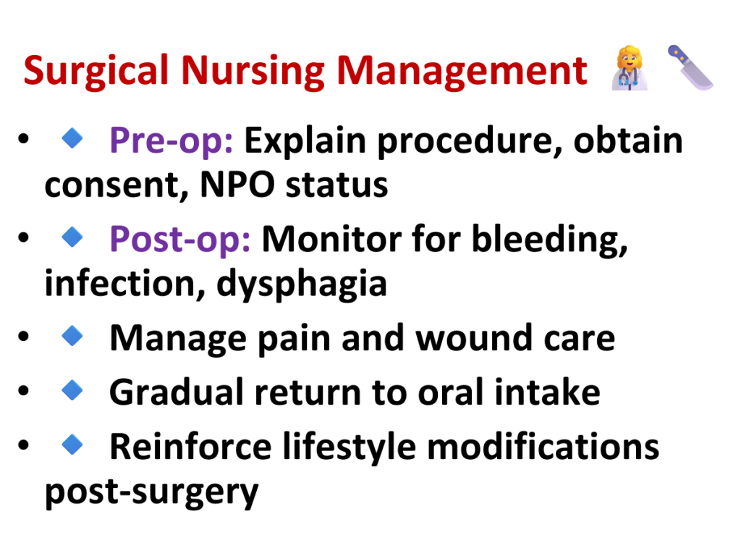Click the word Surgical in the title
[x=96, y=71]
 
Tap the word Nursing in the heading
[x=253, y=71]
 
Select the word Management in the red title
[x=462, y=70]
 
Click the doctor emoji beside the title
[x=630, y=67]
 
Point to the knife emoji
[x=690, y=67]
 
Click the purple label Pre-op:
[x=171, y=141]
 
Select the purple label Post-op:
[x=180, y=240]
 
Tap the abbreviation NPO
[x=237, y=185]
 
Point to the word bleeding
[x=550, y=240]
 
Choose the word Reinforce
[x=190, y=446]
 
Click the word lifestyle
[x=350, y=447]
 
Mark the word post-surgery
[x=152, y=492]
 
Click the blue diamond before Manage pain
[x=72, y=336]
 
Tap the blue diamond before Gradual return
[x=72, y=390]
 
